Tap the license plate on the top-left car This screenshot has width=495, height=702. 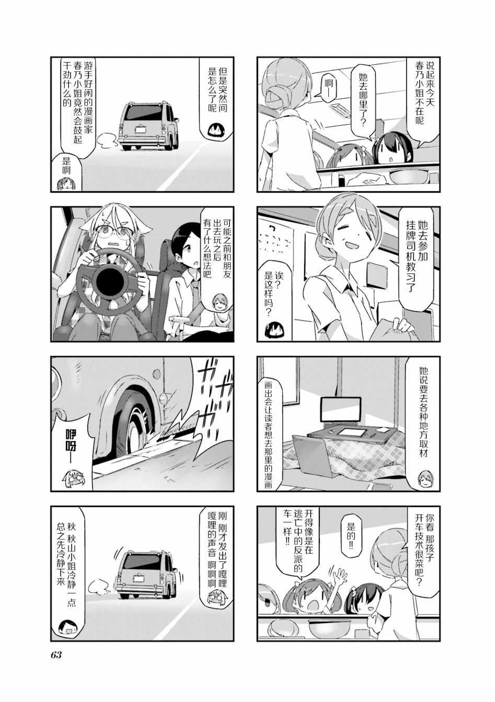[141, 129]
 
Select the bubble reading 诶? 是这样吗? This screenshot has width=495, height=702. [274, 298]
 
